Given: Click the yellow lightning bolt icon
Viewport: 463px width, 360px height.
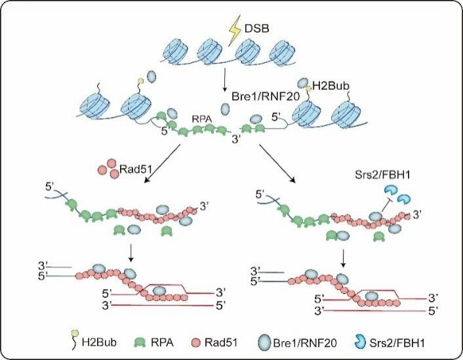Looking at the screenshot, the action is click(235, 34).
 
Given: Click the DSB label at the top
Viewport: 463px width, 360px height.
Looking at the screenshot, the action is click(256, 29).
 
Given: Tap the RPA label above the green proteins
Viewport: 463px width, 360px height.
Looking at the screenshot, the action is click(202, 119).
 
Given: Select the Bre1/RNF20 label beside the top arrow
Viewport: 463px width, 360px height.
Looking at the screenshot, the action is click(266, 96).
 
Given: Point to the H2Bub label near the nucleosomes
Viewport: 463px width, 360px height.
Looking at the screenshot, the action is click(331, 86).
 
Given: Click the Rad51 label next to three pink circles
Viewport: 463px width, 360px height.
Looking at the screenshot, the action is click(135, 169).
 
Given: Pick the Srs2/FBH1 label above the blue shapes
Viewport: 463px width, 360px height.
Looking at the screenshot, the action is click(382, 175).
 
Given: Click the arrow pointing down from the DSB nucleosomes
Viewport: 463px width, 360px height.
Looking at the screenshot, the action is click(224, 80).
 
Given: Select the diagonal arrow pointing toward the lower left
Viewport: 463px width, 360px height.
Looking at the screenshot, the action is click(162, 164).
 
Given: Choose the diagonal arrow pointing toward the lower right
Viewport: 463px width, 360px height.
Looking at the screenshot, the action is click(277, 164).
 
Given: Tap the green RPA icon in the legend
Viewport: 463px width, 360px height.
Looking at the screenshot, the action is click(140, 342).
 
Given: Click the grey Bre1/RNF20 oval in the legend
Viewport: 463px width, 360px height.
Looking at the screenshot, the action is click(264, 342).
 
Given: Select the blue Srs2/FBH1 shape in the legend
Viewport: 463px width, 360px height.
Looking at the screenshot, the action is click(359, 342).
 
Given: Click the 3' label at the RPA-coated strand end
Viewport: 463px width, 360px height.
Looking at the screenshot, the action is click(236, 139).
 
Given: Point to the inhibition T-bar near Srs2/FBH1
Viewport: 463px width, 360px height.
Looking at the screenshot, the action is click(386, 205).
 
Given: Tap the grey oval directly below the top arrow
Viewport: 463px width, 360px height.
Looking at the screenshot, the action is click(225, 109).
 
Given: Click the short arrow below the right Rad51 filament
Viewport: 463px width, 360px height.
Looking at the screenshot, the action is click(343, 258).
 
